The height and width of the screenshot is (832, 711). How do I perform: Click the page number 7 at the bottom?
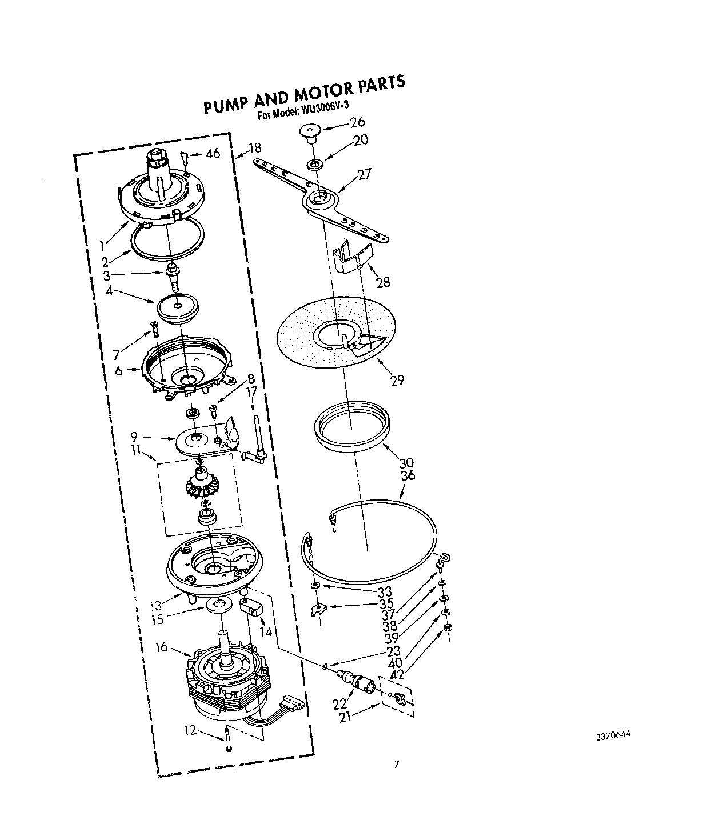tap(396, 764)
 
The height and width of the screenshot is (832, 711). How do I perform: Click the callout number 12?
tap(190, 730)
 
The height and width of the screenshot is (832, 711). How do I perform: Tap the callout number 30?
tap(406, 462)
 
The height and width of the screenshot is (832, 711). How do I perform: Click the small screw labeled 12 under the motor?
tap(229, 738)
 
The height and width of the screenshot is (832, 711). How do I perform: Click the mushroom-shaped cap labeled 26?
tap(310, 134)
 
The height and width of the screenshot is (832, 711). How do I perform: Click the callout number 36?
tap(408, 475)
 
